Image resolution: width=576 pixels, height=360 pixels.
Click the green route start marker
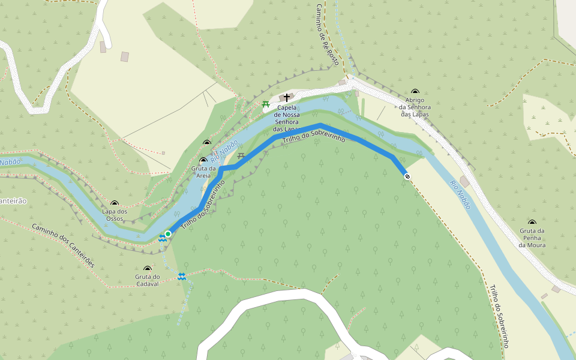click(x=168, y=233)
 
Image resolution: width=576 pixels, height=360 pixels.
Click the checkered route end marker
click(x=407, y=176)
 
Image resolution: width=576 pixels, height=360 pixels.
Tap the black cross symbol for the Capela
click(x=287, y=97)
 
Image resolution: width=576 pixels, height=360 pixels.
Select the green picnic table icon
click(x=265, y=104)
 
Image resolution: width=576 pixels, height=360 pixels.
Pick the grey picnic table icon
click(x=241, y=157)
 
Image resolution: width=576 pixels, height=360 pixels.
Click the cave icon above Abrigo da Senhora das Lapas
click(x=415, y=92)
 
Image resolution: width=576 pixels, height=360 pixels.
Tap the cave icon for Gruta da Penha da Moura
click(x=532, y=223)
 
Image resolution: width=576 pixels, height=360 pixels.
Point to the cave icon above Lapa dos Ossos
click(x=115, y=203)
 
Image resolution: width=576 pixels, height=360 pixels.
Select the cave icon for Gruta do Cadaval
click(x=148, y=269)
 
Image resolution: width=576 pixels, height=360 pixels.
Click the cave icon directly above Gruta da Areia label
click(x=203, y=161)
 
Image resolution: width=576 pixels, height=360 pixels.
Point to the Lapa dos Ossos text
click(x=115, y=215)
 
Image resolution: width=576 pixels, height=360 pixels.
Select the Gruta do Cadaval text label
click(x=148, y=280)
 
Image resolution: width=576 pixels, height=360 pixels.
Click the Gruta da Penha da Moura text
click(x=532, y=238)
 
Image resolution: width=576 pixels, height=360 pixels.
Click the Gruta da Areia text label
click(x=203, y=172)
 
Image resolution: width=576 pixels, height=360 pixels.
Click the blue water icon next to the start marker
click(x=162, y=238)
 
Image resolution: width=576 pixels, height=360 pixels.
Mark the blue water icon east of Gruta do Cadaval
click(x=181, y=276)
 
